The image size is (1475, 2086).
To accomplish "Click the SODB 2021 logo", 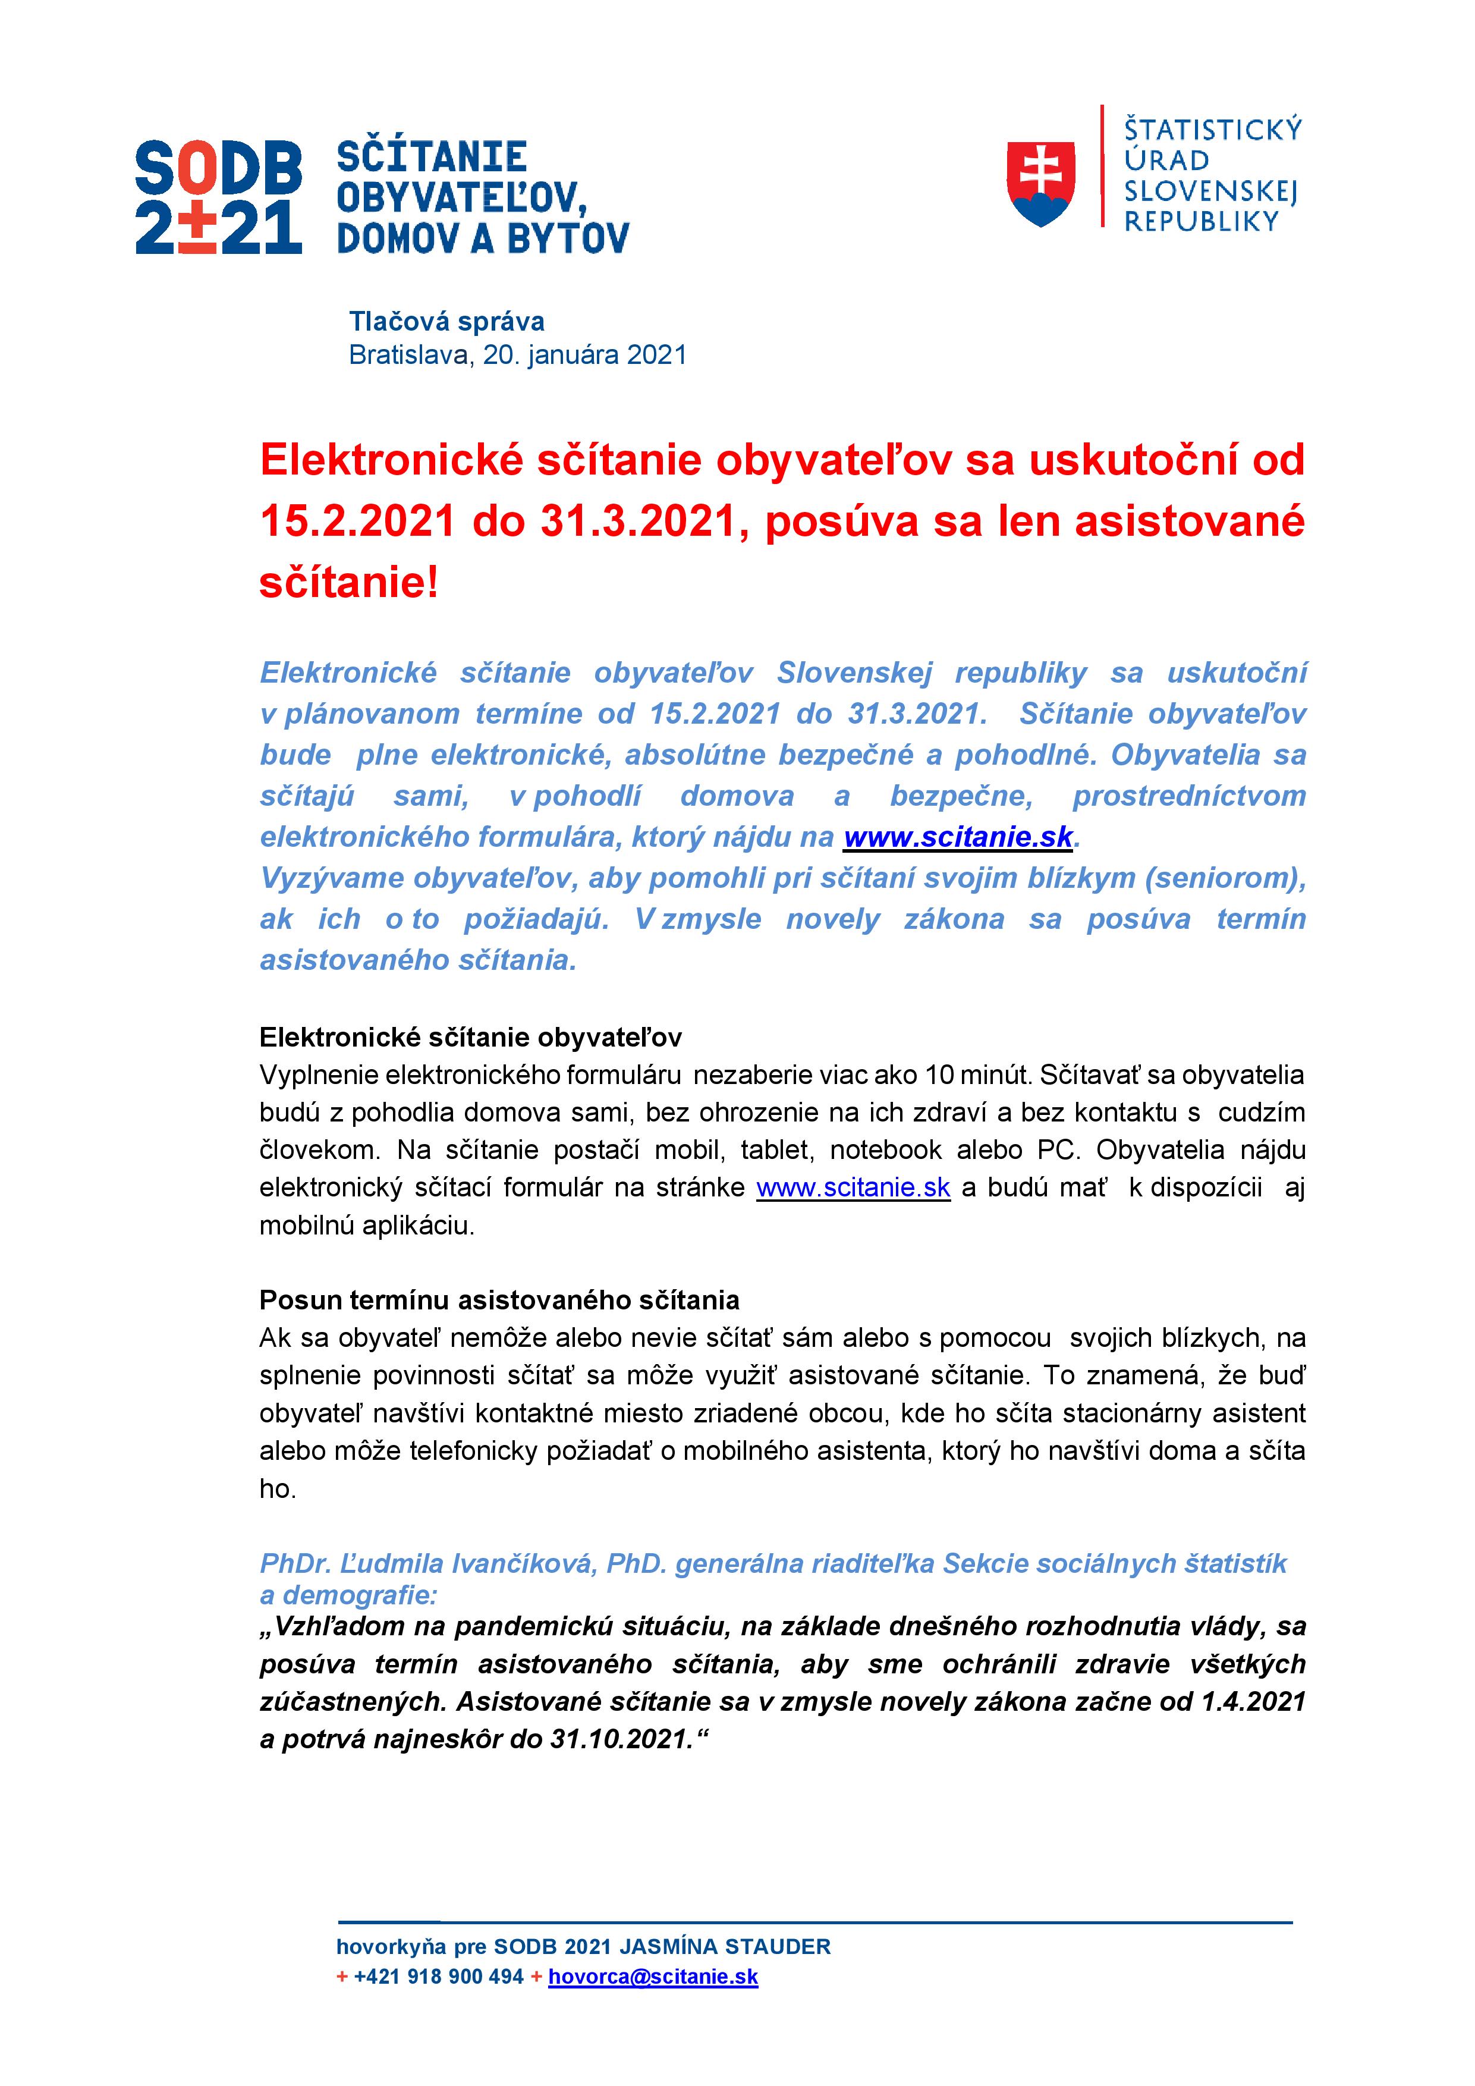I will pos(218,196).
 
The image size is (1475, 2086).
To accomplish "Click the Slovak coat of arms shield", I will pos(1041,184).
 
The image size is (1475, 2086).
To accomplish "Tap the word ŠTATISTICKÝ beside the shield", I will pos(1212,130).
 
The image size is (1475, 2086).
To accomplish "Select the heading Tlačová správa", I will pos(447,322).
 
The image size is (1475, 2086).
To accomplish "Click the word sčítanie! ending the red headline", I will pos(350,582).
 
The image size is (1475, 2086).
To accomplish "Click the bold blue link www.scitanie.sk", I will pos(958,837).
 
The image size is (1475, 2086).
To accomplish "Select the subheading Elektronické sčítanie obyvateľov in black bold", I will pos(470,1038).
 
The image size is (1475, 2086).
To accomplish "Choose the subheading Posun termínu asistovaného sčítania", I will pos(499,1300).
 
